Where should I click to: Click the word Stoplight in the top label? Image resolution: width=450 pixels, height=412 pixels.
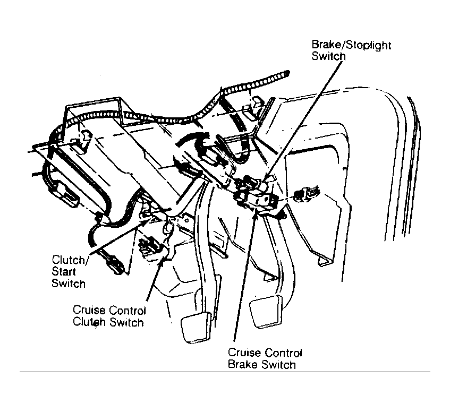coord(368,46)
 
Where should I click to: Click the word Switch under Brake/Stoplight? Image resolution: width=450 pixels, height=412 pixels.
coord(328,56)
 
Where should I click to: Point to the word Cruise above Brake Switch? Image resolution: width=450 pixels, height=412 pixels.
coord(242,353)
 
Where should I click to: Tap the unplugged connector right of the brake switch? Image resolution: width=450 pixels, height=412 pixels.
coord(305,195)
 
